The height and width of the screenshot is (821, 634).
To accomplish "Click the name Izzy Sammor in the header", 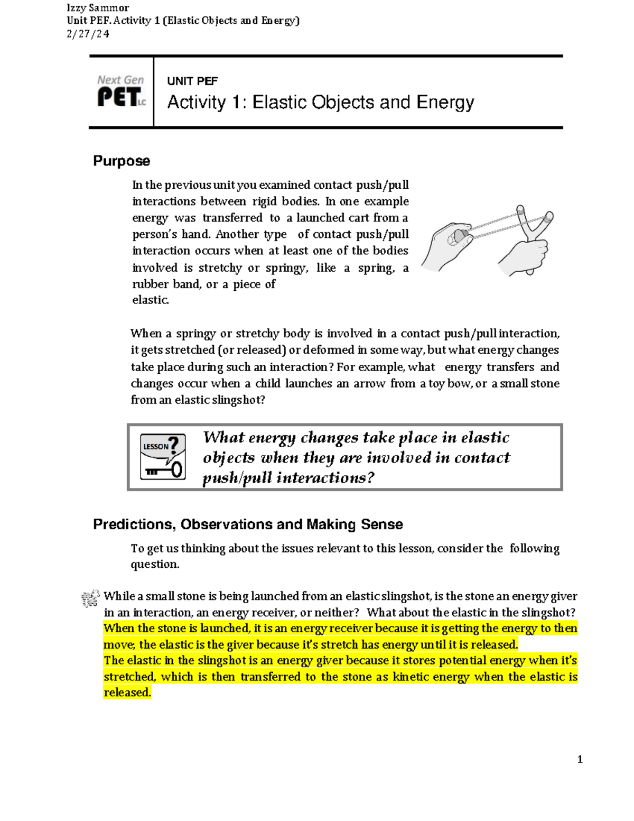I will point(98,8).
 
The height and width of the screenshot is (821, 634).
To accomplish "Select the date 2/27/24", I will point(88,34).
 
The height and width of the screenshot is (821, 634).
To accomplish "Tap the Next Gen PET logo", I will point(121,91).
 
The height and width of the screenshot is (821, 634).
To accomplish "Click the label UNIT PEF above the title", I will point(192,81).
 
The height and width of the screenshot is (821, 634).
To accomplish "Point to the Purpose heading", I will point(122,161).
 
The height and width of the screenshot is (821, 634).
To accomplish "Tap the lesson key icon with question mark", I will point(163,457).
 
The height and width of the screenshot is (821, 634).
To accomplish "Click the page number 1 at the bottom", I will point(580,760).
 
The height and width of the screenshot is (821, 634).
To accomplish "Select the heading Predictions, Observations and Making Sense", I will point(248,524).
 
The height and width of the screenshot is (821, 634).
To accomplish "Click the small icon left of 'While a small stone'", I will point(90,598).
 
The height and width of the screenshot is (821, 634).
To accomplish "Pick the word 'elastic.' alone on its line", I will point(151,300).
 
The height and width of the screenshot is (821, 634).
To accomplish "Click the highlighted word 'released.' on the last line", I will point(127,693).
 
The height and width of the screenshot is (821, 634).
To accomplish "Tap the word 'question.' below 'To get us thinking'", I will point(155,565).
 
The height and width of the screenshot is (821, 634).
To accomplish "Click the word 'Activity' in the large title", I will point(197,102).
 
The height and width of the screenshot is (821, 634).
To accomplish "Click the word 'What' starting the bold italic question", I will point(223,438).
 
